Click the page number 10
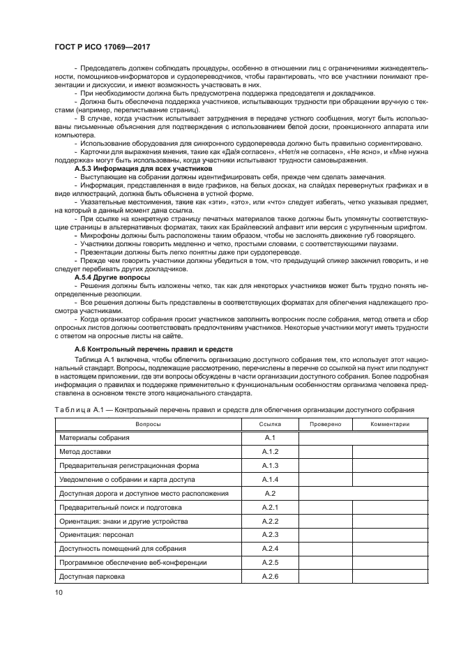pyautogui.click(x=59, y=592)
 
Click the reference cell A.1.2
pyautogui.click(x=270, y=452)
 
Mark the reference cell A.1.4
pyautogui.click(x=270, y=480)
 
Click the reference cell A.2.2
pyautogui.click(x=270, y=522)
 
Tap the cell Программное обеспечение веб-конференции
pyautogui.click(x=123, y=563)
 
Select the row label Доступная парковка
pyautogui.click(x=92, y=577)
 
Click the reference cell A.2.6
pyautogui.click(x=270, y=577)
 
